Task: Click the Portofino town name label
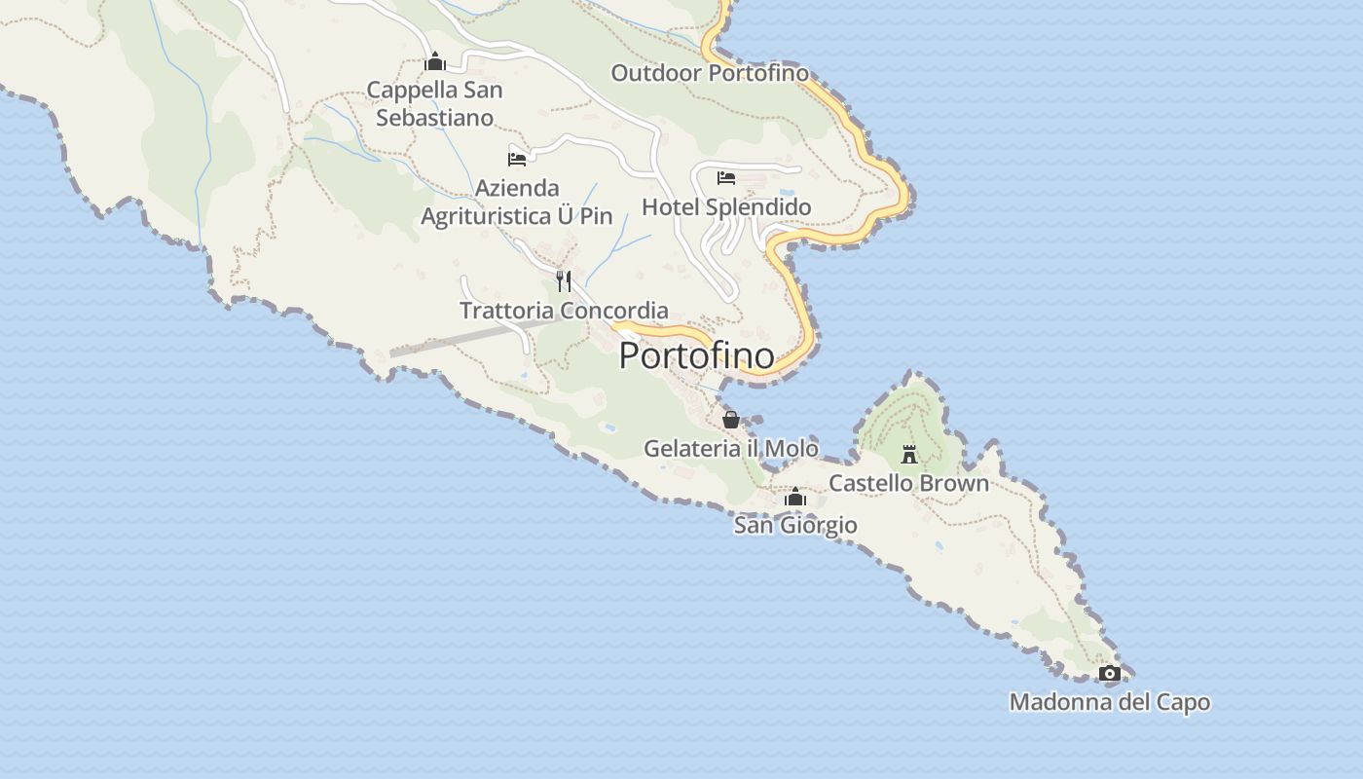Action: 697,356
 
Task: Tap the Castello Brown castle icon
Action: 909,454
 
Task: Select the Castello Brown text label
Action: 908,483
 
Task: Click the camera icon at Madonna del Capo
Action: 1109,673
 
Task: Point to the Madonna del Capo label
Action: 1110,702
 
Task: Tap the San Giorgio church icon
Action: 795,498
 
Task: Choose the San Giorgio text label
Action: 795,526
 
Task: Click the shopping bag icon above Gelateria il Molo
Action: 731,420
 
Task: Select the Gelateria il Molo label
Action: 731,448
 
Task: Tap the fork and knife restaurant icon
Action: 564,281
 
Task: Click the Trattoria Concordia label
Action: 564,311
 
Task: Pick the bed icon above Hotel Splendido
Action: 726,178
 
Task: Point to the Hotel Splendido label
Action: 726,207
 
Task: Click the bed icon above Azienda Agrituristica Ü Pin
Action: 517,159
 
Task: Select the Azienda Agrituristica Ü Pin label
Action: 517,202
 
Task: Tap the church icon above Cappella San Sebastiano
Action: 435,62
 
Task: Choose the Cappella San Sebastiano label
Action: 435,104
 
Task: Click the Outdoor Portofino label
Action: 710,73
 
